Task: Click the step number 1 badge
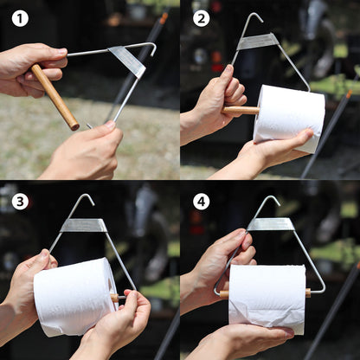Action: (x=20, y=18)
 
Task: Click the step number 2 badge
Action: (x=201, y=18)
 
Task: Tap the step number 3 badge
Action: (x=20, y=202)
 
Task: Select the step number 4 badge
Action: (x=201, y=202)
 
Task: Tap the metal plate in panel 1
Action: (x=128, y=60)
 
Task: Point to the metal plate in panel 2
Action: (x=258, y=41)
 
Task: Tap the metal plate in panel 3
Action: (x=84, y=225)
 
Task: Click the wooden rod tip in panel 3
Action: (x=114, y=299)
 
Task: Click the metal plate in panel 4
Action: (x=270, y=224)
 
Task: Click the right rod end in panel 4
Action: (x=308, y=292)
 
